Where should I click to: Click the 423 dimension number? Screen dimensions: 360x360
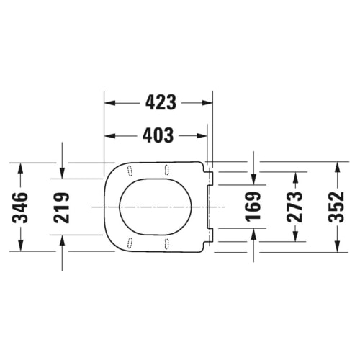(x=161, y=102)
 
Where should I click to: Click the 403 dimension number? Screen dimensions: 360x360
(x=158, y=135)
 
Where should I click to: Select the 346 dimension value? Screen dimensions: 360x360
(x=20, y=207)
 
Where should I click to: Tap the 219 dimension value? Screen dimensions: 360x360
(x=62, y=207)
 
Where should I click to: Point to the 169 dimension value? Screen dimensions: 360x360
(x=253, y=207)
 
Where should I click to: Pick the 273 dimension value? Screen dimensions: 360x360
(x=295, y=207)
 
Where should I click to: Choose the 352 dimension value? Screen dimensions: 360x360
(x=337, y=207)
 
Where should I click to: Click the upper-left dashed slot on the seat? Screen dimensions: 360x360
(x=130, y=171)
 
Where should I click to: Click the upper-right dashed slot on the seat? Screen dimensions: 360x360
(x=166, y=170)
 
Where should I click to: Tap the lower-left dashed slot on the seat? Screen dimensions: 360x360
(x=130, y=243)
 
